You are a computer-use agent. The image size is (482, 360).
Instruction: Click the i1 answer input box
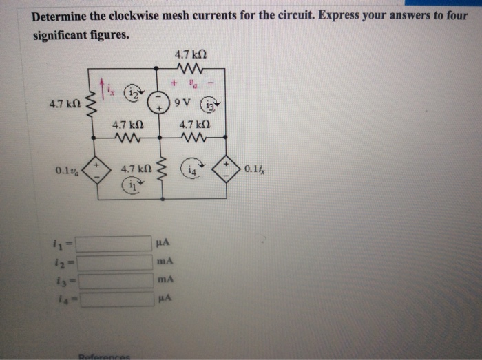[x=113, y=243]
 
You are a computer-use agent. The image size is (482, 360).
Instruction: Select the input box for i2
[x=114, y=262]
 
